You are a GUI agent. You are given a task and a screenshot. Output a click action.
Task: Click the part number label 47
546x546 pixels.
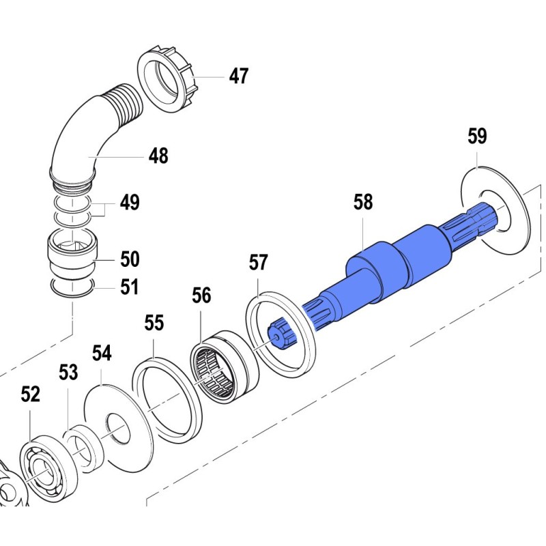pyautogui.click(x=238, y=76)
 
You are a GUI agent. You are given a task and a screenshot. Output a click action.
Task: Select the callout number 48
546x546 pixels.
pyautogui.click(x=158, y=156)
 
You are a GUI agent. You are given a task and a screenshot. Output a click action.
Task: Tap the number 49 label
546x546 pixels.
pyautogui.click(x=130, y=203)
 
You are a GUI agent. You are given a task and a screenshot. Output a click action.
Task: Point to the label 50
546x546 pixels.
pyautogui.click(x=130, y=259)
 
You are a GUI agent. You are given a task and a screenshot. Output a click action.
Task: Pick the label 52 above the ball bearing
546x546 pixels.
pyautogui.click(x=30, y=394)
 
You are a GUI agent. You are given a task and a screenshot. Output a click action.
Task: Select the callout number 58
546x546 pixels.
pyautogui.click(x=363, y=202)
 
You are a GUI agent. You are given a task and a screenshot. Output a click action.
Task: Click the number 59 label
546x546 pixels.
pyautogui.click(x=477, y=136)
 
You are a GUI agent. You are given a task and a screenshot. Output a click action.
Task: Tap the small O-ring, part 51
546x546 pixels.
pyautogui.click(x=72, y=288)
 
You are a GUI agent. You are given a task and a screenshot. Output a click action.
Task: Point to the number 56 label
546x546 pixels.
pyautogui.click(x=201, y=296)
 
